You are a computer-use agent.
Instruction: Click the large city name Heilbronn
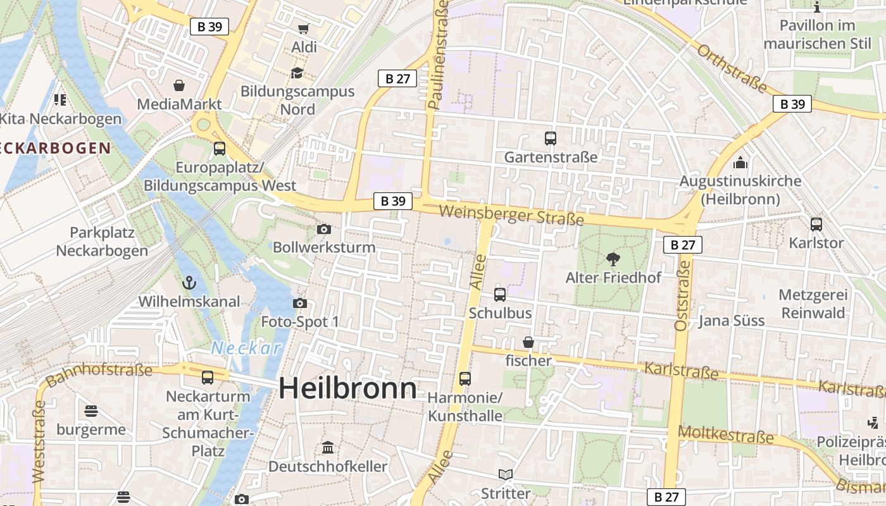pyautogui.click(x=347, y=388)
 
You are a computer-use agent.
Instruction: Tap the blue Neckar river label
pyautogui.click(x=246, y=348)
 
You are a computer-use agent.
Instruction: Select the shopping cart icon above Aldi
pyautogui.click(x=303, y=28)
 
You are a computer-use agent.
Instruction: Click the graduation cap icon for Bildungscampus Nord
pyautogui.click(x=297, y=73)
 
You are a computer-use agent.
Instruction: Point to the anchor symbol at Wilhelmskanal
pyautogui.click(x=189, y=283)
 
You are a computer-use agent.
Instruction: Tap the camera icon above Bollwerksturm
pyautogui.click(x=324, y=229)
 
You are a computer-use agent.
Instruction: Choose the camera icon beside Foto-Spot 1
pyautogui.click(x=300, y=304)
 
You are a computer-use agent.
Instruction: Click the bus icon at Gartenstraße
pyautogui.click(x=551, y=138)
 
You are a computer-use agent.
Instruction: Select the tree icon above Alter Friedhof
pyautogui.click(x=613, y=258)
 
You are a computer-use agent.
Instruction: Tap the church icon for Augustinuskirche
pyautogui.click(x=740, y=163)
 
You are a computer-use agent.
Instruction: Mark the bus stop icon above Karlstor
pyautogui.click(x=816, y=224)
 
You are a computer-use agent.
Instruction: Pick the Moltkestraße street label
pyautogui.click(x=726, y=435)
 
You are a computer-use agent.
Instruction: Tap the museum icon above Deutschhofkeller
pyautogui.click(x=328, y=448)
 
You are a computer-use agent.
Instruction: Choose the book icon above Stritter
pyautogui.click(x=505, y=474)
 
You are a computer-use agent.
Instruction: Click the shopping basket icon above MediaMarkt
pyautogui.click(x=179, y=85)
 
